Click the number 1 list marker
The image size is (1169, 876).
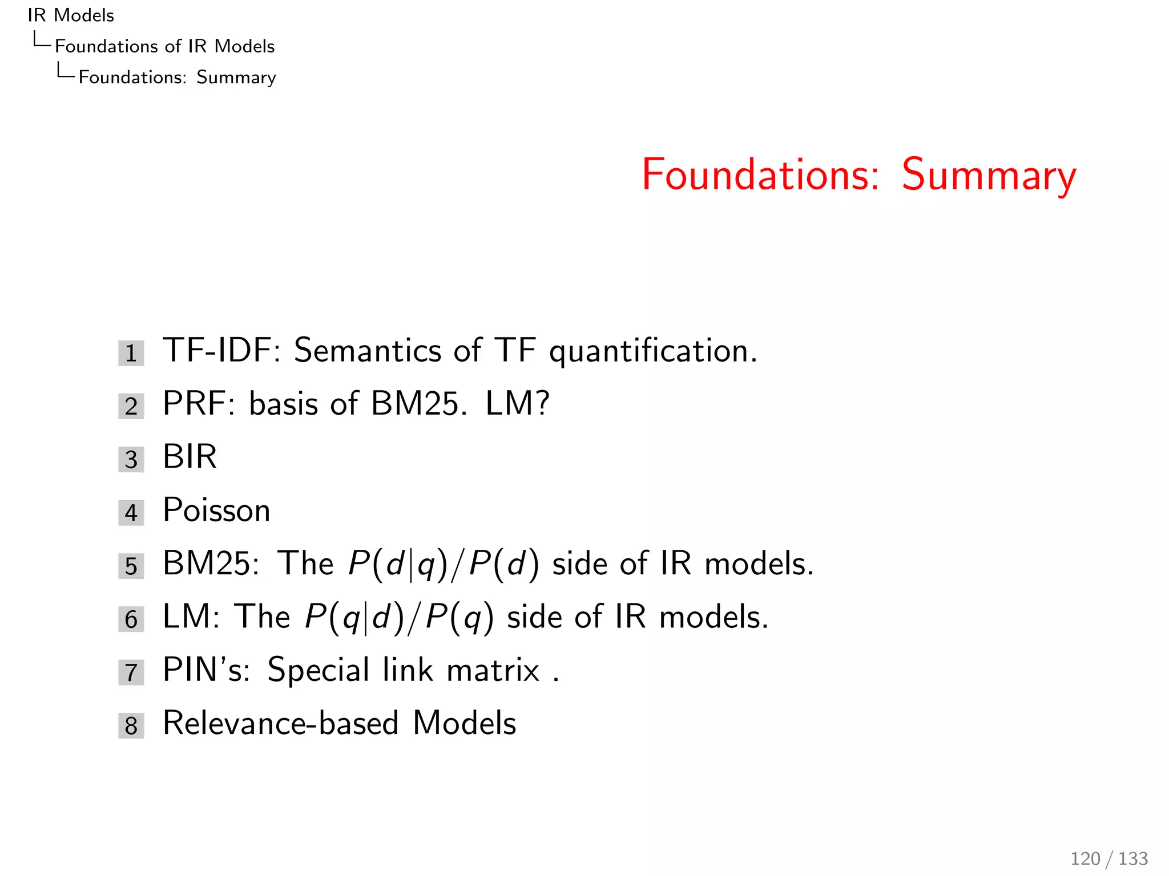[131, 353]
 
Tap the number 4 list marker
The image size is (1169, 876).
[131, 513]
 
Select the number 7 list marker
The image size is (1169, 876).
[131, 672]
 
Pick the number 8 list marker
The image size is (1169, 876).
[131, 725]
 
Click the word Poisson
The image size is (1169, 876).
[216, 510]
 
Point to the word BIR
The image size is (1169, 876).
[190, 457]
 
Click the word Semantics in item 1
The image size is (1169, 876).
[367, 350]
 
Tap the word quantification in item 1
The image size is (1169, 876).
[652, 351]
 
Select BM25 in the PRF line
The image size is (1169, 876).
[415, 404]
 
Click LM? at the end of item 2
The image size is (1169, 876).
[517, 404]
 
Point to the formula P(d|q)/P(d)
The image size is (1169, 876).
[443, 565]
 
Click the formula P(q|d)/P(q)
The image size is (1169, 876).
[398, 618]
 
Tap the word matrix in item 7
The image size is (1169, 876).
[493, 670]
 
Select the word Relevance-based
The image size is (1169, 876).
[280, 723]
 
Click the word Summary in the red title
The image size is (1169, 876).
[989, 176]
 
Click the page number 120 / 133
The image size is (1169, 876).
[1108, 858]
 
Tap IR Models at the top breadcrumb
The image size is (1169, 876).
[71, 15]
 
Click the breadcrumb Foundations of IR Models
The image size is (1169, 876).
[164, 46]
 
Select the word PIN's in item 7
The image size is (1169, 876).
[206, 670]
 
